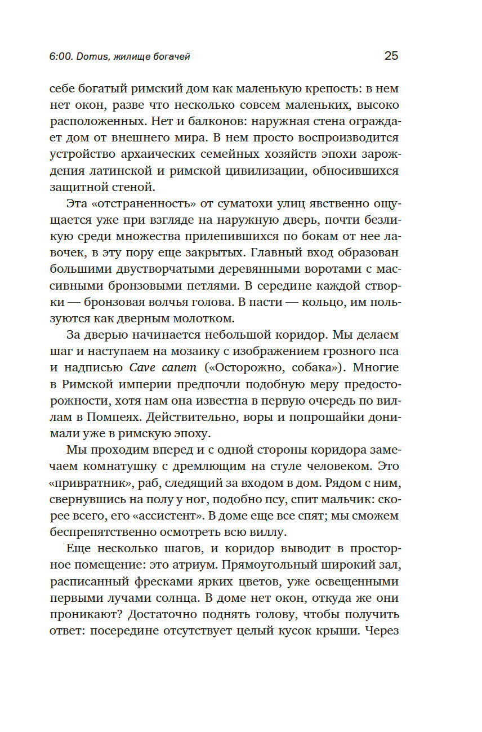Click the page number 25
pos(391,55)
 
